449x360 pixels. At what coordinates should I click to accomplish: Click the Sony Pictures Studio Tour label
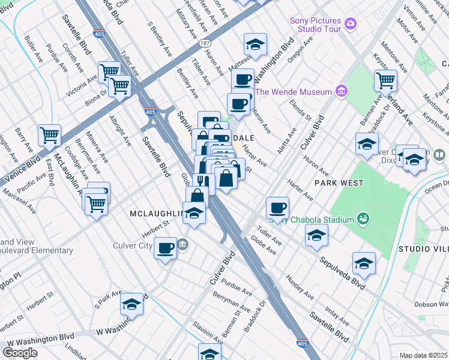coord(316,25)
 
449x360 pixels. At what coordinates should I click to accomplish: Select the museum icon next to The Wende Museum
coord(342,92)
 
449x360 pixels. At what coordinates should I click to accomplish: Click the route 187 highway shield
coord(205,44)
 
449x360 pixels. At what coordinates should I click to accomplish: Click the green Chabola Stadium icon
coord(362,219)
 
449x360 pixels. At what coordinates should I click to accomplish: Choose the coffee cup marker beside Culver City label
coord(165,248)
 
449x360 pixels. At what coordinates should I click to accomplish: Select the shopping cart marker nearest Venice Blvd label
coord(49,134)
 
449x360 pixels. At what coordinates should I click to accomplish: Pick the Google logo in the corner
coord(20,353)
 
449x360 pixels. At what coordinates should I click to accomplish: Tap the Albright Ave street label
coord(119,131)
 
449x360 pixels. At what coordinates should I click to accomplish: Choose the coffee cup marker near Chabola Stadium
coord(277,208)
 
